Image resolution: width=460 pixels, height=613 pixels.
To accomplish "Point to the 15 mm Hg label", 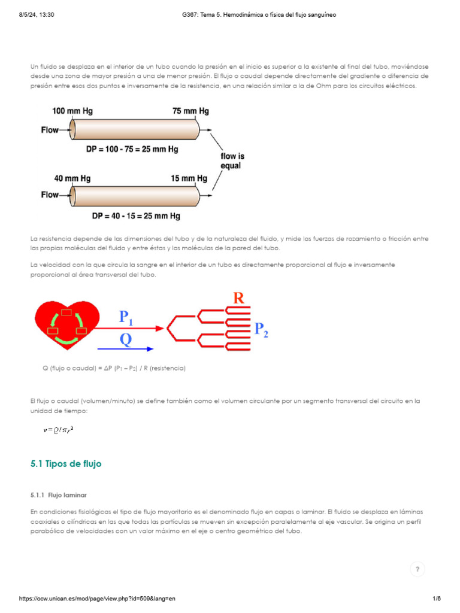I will [189, 178].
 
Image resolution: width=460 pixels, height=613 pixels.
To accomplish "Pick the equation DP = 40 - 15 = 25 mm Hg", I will [136, 216].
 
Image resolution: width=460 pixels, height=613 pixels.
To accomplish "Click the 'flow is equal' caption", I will [232, 160].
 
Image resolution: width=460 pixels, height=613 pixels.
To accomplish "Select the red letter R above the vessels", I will [239, 298].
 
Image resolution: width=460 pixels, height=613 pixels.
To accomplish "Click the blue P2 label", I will [261, 329].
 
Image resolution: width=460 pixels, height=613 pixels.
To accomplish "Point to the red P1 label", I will [126, 316].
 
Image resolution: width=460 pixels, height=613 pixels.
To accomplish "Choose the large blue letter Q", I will [126, 339].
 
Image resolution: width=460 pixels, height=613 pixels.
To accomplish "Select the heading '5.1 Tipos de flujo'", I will [66, 463].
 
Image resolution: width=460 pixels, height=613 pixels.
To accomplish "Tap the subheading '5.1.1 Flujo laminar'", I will [59, 495].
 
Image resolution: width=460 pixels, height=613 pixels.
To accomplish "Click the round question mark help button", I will [417, 569].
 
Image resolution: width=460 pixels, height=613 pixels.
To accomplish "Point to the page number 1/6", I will [436, 599].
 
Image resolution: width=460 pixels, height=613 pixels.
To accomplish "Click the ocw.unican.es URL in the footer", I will [98, 599].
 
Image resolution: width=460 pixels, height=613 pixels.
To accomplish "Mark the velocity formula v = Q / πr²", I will [59, 429].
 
